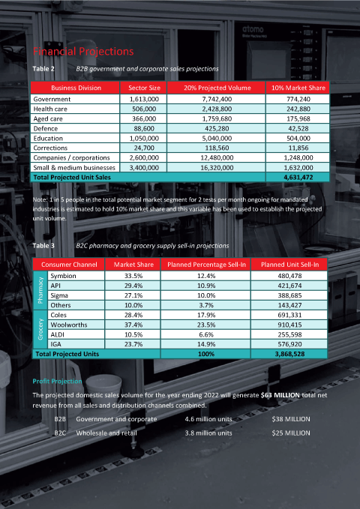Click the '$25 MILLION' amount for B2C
[291, 433]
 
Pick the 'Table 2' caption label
[43, 69]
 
